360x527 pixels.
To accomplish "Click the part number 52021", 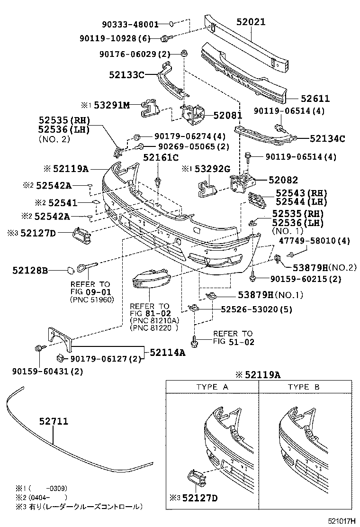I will pyautogui.click(x=251, y=22).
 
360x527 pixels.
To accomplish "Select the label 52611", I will pyautogui.click(x=315, y=99).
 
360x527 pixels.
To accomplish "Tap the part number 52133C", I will pyautogui.click(x=126, y=74).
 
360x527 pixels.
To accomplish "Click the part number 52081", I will pyautogui.click(x=227, y=115).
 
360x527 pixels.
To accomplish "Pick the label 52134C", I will pyautogui.click(x=327, y=139).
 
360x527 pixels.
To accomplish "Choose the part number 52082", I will pyautogui.click(x=283, y=180).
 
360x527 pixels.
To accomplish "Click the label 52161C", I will pyautogui.click(x=161, y=157).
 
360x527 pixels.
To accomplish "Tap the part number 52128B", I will pyautogui.click(x=30, y=271).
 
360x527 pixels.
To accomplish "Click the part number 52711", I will pyautogui.click(x=54, y=421).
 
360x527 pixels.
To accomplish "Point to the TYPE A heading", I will pyautogui.click(x=212, y=387).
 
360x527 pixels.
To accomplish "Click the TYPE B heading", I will pyautogui.click(x=304, y=387).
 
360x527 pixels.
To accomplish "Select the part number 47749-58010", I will pyautogui.click(x=321, y=241).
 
